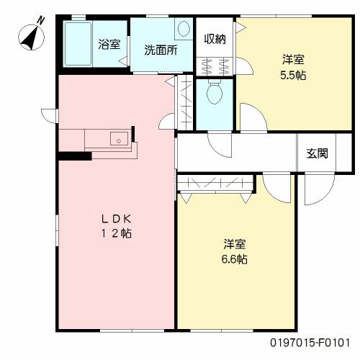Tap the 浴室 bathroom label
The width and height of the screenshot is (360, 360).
109,44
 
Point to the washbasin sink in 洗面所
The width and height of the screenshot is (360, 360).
183,30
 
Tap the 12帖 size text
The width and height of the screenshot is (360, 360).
115,233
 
